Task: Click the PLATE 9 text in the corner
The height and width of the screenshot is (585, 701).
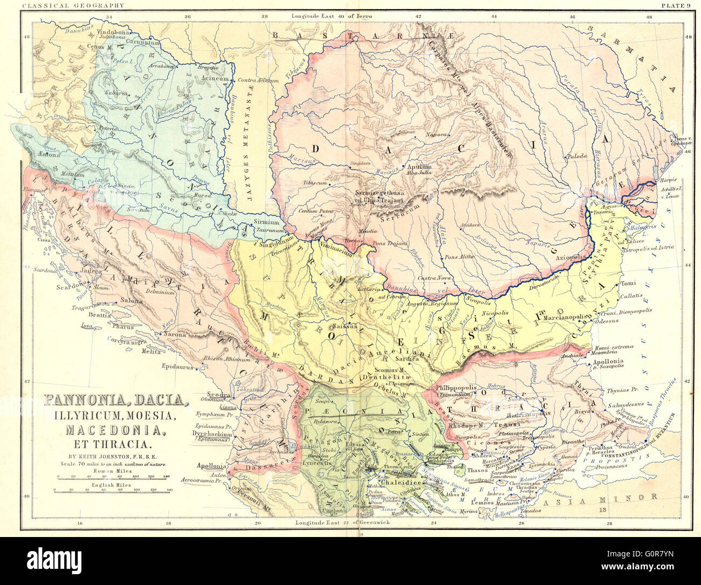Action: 675,5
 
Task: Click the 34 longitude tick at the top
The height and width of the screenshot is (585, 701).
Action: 109,17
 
